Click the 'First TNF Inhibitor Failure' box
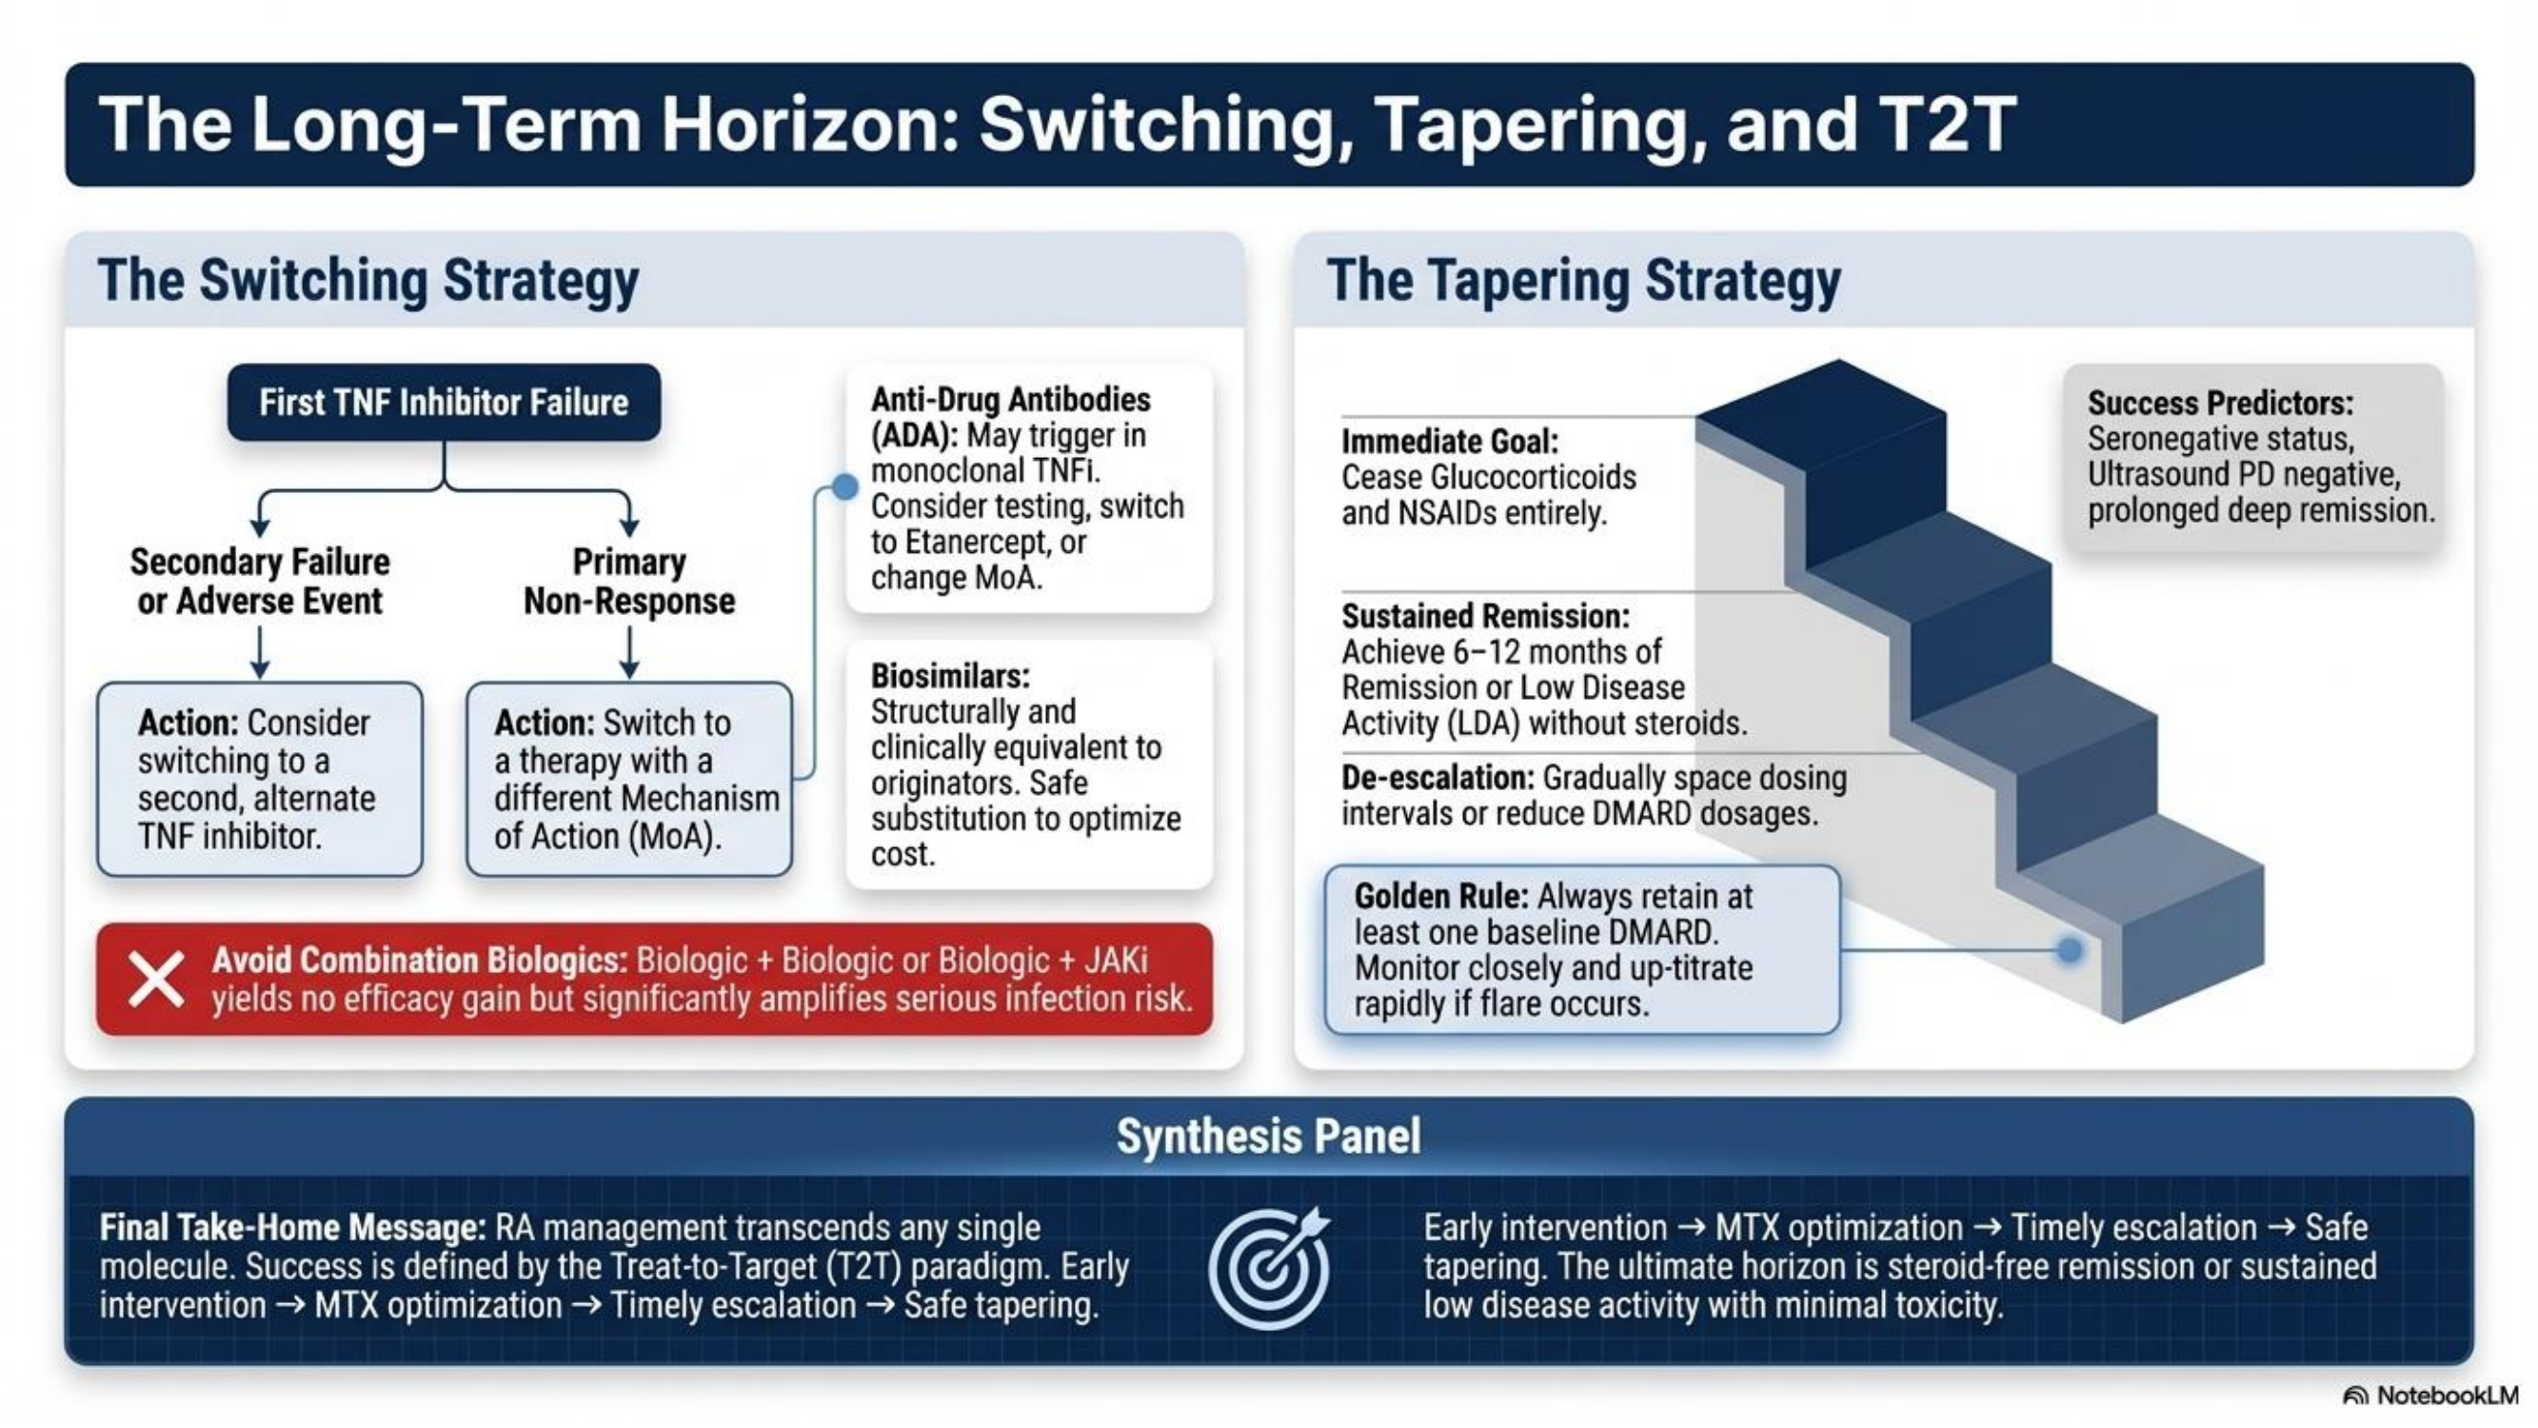click(x=444, y=402)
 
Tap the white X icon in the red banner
click(x=156, y=980)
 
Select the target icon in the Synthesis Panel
click(x=1269, y=1267)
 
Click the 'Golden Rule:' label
click(x=1441, y=897)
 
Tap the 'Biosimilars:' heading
click(x=950, y=676)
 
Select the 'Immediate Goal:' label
click(x=1450, y=442)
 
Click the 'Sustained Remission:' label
click(x=1486, y=616)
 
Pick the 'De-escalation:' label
click(x=1438, y=778)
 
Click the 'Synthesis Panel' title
click(x=1269, y=1137)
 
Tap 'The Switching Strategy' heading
click(x=368, y=281)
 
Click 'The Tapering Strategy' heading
click(x=1583, y=281)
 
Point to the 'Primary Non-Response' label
click(x=629, y=582)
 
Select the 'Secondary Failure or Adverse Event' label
click(x=260, y=582)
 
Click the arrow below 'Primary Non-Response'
click(x=629, y=652)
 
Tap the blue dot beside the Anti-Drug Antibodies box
click(x=844, y=486)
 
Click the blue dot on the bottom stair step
click(x=2070, y=950)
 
